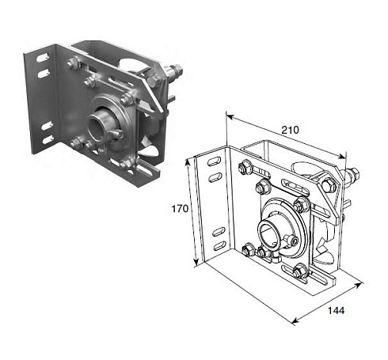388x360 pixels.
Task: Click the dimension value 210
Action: (290, 130)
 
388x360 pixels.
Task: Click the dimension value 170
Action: (180, 209)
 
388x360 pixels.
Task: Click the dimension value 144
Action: (336, 310)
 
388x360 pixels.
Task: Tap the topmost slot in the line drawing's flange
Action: (214, 161)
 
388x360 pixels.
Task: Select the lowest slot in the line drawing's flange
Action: (219, 246)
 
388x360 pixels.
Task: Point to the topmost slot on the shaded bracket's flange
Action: (42, 58)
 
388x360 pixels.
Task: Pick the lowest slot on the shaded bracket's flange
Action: (48, 139)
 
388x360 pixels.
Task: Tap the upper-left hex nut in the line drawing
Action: (245, 168)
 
